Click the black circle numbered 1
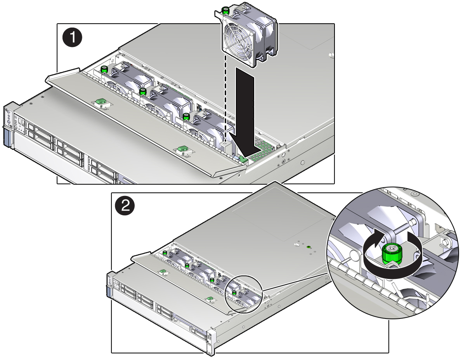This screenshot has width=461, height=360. (73, 38)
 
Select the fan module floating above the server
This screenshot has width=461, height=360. (247, 34)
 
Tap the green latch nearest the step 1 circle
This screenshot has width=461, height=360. (101, 102)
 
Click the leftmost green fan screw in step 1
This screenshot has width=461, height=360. (104, 70)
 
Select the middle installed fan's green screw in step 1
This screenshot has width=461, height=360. (143, 92)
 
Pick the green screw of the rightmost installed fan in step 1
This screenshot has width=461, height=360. (186, 116)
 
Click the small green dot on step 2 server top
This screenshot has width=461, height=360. (308, 247)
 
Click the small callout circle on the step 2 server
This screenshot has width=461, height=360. (243, 293)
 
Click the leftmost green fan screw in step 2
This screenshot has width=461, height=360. (165, 253)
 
